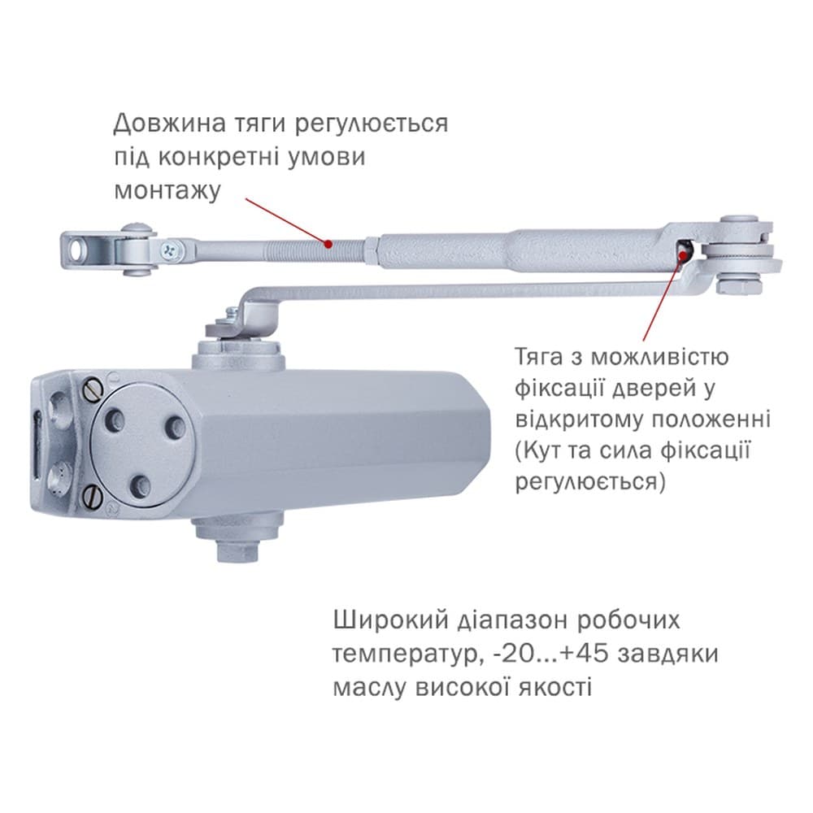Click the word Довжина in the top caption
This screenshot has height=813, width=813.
170,124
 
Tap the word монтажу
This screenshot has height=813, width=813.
167,190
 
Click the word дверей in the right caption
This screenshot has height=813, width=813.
651,389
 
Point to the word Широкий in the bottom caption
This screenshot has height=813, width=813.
390,620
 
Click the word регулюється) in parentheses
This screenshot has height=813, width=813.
590,481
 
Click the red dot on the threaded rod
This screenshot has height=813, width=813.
328,243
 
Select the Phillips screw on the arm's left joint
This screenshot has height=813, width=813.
172,249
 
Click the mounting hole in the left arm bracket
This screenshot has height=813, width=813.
78,250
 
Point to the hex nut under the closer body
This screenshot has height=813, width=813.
237,550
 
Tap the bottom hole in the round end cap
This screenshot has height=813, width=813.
141,485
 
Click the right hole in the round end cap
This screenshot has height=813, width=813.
176,428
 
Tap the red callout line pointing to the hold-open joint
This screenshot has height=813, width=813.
662,297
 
